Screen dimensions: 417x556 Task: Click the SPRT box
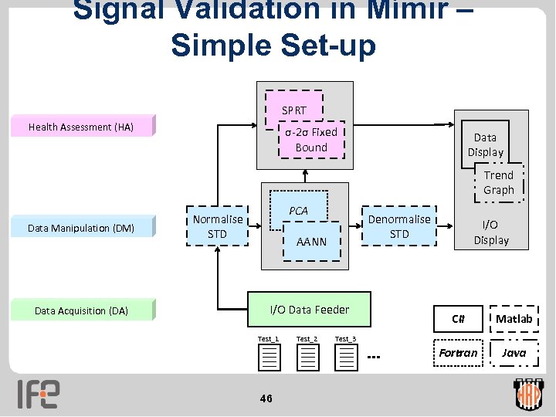(294, 110)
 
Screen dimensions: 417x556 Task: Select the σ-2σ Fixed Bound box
(311, 140)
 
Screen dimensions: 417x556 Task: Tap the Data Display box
(485, 144)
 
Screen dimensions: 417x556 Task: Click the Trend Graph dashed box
(498, 182)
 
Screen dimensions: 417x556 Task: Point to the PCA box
(298, 211)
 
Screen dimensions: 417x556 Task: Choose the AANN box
(312, 242)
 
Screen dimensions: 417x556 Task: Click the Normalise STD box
(218, 226)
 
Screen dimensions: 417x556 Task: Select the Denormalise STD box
(399, 226)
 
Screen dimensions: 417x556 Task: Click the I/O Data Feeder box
(309, 310)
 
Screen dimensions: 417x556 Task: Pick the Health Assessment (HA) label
(81, 127)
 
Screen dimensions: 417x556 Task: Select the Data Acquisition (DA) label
(81, 311)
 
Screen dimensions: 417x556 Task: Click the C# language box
(458, 319)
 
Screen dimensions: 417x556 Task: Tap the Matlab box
(514, 319)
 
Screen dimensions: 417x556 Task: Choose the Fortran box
(458, 353)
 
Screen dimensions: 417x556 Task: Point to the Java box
(514, 353)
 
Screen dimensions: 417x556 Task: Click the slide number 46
(266, 398)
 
